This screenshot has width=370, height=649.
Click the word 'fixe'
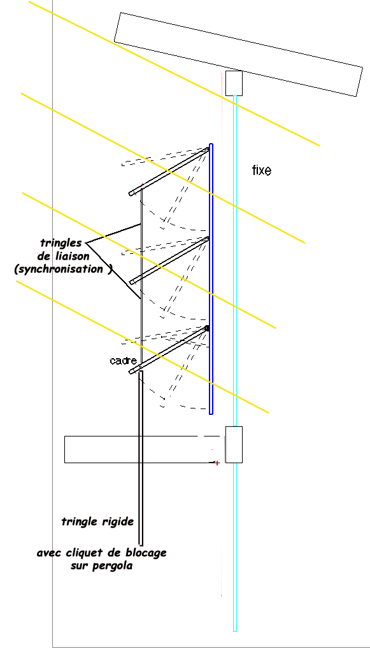click(262, 170)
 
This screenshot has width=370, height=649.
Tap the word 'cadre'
click(123, 361)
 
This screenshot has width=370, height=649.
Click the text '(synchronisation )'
click(63, 269)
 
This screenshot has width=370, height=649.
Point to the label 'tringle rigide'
click(98, 522)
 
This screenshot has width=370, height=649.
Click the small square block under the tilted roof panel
click(234, 83)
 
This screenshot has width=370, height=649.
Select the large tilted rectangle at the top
click(238, 54)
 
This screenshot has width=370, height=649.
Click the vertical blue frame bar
click(211, 279)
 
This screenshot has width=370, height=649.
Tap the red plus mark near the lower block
click(217, 463)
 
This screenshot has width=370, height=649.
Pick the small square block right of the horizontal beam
click(234, 445)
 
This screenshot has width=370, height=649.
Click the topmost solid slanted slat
click(169, 171)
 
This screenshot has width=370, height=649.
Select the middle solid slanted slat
click(169, 260)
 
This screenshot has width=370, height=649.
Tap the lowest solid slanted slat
click(169, 350)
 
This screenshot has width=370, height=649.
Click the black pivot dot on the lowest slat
click(207, 328)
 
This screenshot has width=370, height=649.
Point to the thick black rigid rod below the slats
click(141, 458)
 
